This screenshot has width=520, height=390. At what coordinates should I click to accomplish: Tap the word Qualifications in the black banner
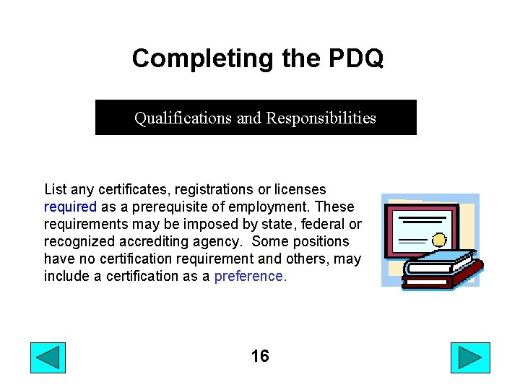click(x=183, y=118)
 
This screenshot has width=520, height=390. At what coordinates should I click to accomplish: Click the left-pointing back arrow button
click(x=48, y=357)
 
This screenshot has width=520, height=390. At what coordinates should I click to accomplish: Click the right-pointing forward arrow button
click(x=470, y=357)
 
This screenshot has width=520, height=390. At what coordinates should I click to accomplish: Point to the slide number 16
click(x=260, y=356)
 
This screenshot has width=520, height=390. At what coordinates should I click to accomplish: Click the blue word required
click(x=70, y=207)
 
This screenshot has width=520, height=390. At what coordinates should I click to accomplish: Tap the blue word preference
click(x=250, y=276)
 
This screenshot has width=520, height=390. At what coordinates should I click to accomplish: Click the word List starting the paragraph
click(x=56, y=189)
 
